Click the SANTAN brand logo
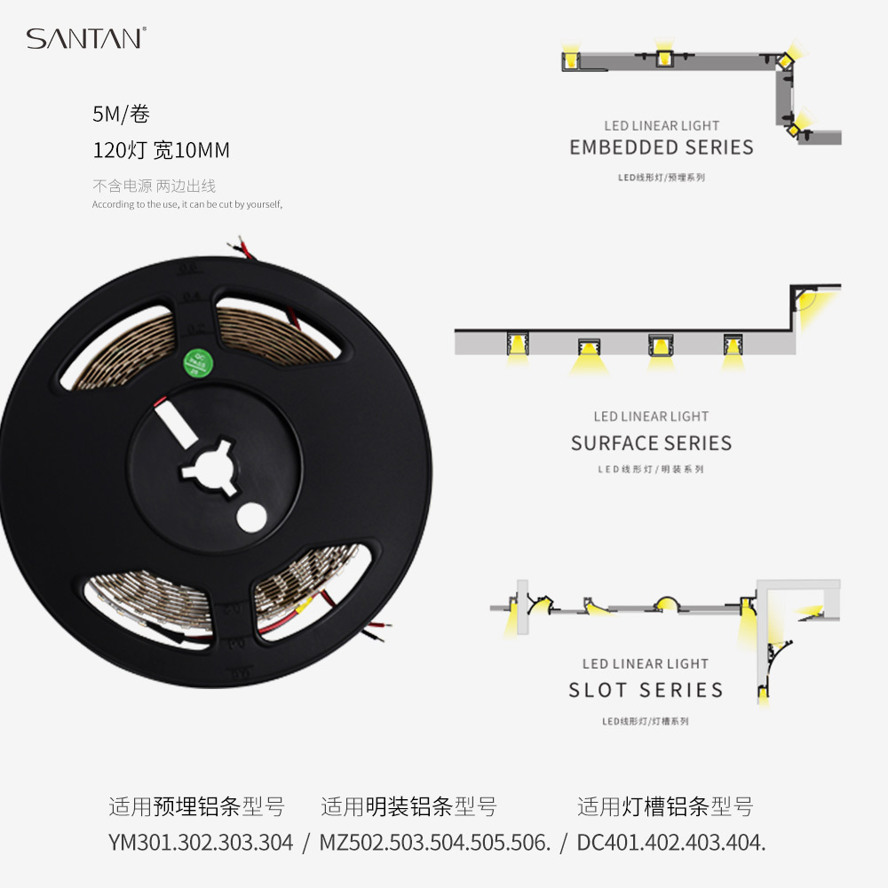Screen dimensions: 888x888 click(85, 38)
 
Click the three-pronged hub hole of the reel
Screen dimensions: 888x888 click(210, 466)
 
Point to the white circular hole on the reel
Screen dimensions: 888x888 click(252, 518)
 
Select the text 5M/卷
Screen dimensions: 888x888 click(121, 115)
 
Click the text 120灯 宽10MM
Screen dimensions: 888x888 click(161, 151)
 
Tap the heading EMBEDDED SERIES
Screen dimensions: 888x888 click(662, 147)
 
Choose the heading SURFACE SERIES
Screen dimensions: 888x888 click(651, 443)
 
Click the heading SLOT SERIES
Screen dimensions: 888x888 click(646, 690)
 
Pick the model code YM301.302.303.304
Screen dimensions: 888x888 click(200, 843)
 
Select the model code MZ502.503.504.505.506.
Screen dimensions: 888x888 click(435, 843)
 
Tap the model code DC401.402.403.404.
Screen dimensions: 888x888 click(671, 843)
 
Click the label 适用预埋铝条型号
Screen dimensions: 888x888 click(196, 807)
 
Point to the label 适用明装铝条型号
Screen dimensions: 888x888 click(408, 807)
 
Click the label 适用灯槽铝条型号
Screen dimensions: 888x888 click(665, 807)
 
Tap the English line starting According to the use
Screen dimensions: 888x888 click(186, 205)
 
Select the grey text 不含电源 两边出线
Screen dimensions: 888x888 click(154, 186)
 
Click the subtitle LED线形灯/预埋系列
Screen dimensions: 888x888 click(662, 178)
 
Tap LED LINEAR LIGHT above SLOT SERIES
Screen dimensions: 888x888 click(646, 663)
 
